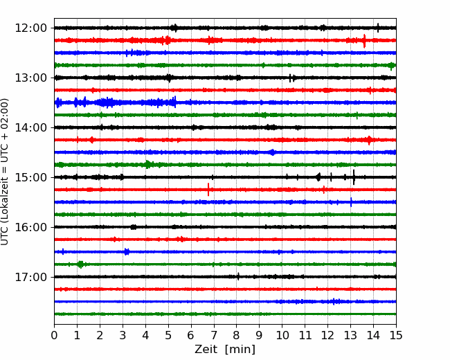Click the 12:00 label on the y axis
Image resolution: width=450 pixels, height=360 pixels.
30,28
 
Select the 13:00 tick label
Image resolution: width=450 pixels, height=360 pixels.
30,78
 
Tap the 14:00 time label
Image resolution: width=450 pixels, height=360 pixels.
30,127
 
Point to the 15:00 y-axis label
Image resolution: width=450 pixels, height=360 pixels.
30,177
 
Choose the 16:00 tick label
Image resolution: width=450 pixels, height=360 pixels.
30,227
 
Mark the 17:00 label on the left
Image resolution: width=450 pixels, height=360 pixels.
30,277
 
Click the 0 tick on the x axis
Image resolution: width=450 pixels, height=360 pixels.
54,335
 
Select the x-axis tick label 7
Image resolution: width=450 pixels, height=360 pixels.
214,335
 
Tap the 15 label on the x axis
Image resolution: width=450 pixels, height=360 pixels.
396,335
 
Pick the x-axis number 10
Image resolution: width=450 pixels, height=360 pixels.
282,335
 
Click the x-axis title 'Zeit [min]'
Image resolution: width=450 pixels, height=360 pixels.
225,350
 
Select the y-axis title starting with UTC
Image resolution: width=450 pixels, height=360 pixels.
4,172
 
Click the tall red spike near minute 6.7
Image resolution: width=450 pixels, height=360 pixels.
208,190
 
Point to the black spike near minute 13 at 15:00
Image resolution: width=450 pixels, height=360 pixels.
354,177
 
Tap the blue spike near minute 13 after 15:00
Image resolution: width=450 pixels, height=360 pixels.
351,202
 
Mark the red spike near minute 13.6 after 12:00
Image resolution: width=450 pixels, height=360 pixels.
364,41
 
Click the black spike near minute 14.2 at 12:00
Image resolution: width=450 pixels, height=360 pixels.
378,28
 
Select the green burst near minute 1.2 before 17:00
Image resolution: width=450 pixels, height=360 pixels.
80,264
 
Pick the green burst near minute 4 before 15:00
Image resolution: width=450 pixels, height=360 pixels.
147,165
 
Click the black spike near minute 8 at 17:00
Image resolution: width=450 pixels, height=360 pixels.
238,276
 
